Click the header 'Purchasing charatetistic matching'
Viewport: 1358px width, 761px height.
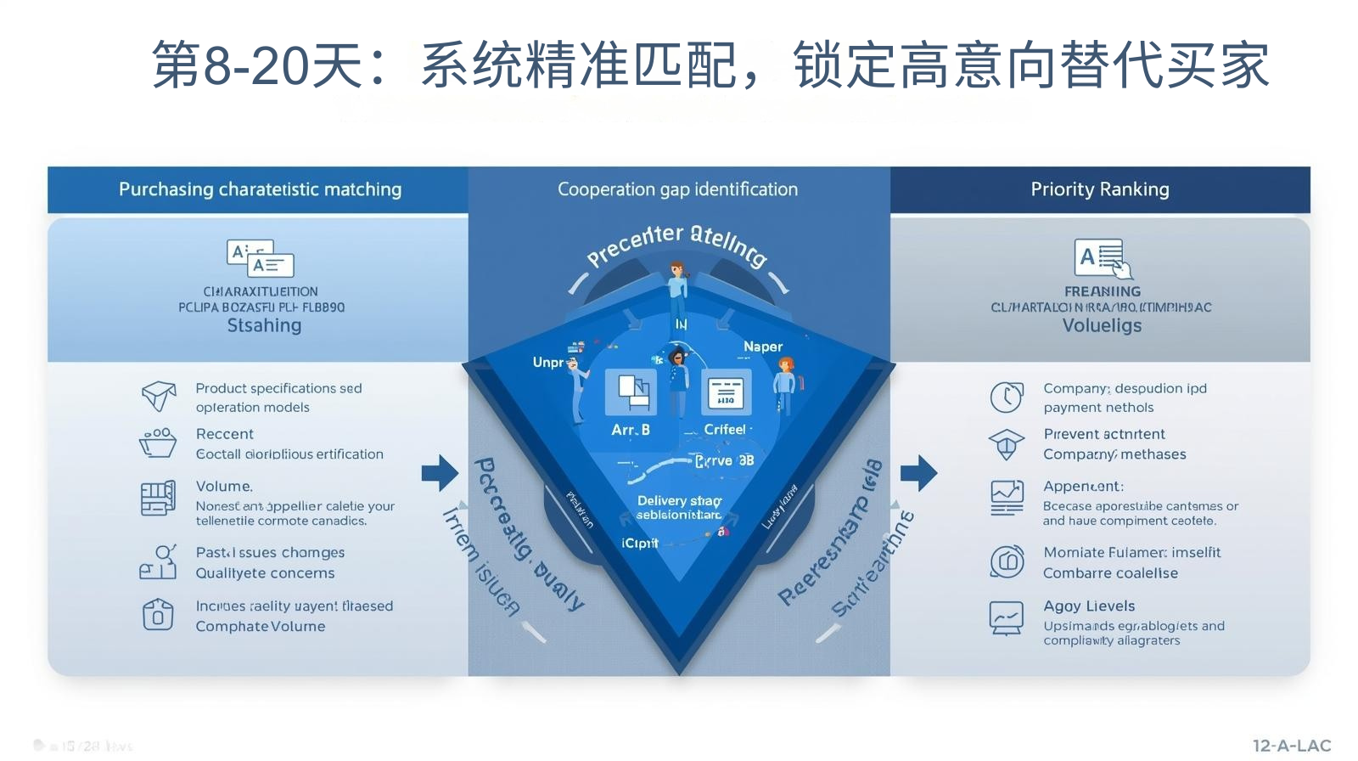(x=260, y=189)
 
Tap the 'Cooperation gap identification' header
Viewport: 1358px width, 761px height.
(x=677, y=189)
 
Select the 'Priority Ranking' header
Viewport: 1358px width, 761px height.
(x=1099, y=189)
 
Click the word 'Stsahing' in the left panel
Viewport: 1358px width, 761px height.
(x=264, y=326)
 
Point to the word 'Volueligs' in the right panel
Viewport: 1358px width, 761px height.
(x=1102, y=326)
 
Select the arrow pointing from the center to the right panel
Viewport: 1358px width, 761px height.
(x=918, y=472)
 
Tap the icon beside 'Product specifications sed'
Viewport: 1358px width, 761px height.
(x=159, y=396)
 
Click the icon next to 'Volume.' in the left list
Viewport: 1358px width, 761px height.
(x=158, y=498)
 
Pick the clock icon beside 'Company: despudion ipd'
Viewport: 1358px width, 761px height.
(x=1007, y=397)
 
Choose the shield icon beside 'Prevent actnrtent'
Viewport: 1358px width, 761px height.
(x=1007, y=444)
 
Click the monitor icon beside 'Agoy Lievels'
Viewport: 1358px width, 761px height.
(x=1007, y=617)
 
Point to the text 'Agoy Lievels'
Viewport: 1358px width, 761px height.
(x=1089, y=606)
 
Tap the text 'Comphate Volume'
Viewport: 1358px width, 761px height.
(x=261, y=627)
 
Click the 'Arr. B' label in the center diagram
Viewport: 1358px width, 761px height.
(x=631, y=430)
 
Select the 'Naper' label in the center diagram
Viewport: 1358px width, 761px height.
(x=763, y=347)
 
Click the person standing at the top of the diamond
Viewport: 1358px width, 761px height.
(x=677, y=289)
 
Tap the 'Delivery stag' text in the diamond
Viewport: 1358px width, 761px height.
(x=679, y=501)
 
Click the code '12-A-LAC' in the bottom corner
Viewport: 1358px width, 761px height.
(x=1292, y=746)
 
